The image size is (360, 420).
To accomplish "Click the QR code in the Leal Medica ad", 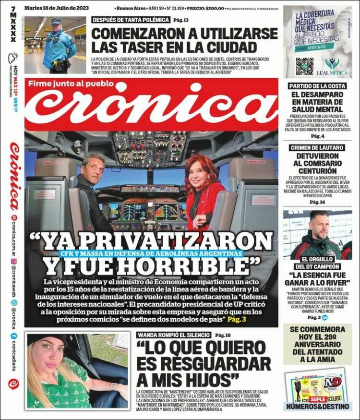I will click(304, 66).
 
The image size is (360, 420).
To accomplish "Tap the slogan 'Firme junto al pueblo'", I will click(71, 84).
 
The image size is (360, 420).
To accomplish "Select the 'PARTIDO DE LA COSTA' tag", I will click(317, 86).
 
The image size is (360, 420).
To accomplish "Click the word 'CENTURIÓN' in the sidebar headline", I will click(317, 170).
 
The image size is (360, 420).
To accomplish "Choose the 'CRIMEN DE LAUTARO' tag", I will click(317, 147).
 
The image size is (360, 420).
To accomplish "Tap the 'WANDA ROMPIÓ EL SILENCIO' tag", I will click(174, 335).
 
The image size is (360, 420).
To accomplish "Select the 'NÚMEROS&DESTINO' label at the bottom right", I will click(317, 407).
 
